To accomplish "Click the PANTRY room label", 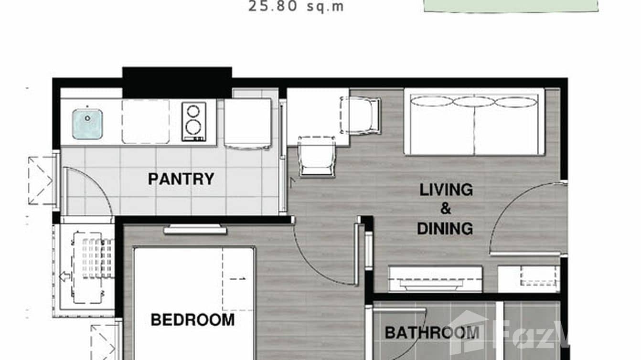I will (x=181, y=179).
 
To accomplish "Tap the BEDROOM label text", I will (x=192, y=319).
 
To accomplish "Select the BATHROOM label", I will (x=432, y=332).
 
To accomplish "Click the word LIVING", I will (x=446, y=190).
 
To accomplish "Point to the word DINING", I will (x=445, y=228).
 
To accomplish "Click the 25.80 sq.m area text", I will (x=296, y=7).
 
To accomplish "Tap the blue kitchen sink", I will (x=87, y=124).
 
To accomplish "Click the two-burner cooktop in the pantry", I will (x=193, y=121).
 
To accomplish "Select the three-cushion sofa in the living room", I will (x=474, y=123).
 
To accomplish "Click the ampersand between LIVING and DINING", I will (x=445, y=209).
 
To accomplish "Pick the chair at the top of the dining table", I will (x=360, y=115).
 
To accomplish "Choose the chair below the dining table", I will (x=317, y=156).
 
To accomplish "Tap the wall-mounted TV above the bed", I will (x=195, y=230).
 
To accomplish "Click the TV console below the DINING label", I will (x=435, y=279).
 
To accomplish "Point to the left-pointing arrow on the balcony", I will (x=65, y=276).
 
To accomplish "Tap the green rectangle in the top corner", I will (x=510, y=5).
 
